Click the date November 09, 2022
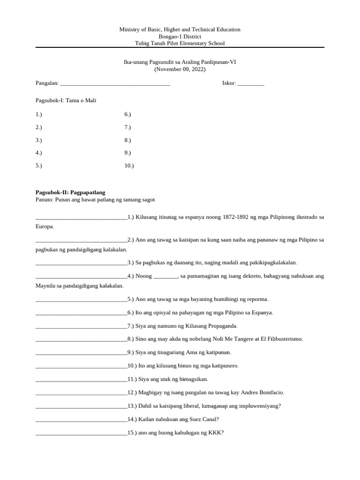[x=180, y=69]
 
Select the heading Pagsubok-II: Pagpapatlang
[x=70, y=192]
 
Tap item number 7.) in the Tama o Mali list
[x=127, y=127]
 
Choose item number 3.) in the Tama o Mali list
[x=39, y=140]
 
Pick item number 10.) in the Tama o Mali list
[x=129, y=165]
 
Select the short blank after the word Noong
[x=165, y=277]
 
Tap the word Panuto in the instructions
[x=44, y=200]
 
